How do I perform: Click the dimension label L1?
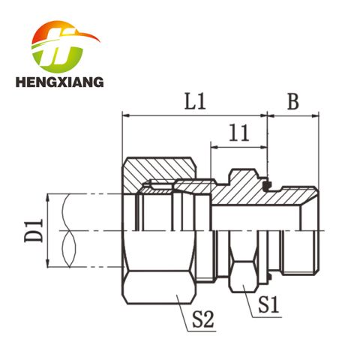(x=195, y=102)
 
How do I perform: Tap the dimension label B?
(x=292, y=102)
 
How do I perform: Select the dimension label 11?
(x=239, y=133)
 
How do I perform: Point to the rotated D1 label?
(x=34, y=230)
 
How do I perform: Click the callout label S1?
(x=268, y=304)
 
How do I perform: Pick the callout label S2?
(x=203, y=319)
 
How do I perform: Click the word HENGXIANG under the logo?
(x=59, y=82)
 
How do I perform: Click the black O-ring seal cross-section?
(x=267, y=184)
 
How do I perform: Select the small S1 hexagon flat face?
(x=242, y=277)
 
